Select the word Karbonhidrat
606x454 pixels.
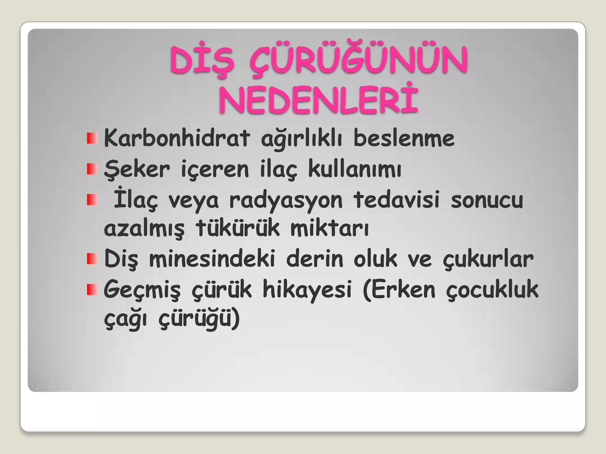[x=177, y=138]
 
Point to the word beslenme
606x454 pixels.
[x=404, y=138]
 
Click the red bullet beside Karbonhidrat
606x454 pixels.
[x=92, y=138]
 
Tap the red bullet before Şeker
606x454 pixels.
[x=92, y=169]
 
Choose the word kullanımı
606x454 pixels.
[x=354, y=169]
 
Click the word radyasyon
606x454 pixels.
[x=286, y=200]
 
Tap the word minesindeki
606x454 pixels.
[x=212, y=259]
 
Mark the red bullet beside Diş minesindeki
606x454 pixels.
[x=92, y=259]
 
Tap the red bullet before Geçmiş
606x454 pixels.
[x=92, y=290]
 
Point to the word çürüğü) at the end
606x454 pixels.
[x=199, y=319]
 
